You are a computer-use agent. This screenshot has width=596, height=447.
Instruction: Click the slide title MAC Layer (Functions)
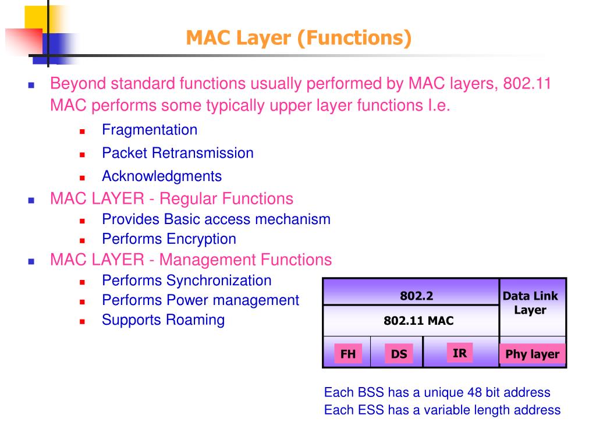[x=298, y=38]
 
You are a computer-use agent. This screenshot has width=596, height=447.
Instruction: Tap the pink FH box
[x=348, y=354]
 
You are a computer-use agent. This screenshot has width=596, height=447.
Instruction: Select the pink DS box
[x=399, y=354]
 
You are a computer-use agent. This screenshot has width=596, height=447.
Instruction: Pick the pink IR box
[x=459, y=353]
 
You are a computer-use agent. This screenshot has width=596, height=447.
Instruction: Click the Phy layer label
[x=532, y=354]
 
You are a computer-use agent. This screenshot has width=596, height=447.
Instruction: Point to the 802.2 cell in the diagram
[x=416, y=296]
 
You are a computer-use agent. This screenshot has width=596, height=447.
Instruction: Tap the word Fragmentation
[x=150, y=130]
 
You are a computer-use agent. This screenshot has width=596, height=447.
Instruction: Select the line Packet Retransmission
[x=178, y=153]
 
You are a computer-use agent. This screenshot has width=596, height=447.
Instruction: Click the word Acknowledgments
[x=162, y=176]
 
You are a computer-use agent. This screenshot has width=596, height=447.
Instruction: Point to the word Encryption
[x=201, y=239]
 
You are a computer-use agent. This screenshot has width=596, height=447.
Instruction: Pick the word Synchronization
[x=219, y=280]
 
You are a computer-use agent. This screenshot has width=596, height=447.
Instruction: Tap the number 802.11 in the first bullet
[x=527, y=84]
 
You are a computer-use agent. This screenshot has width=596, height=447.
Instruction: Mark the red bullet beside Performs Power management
[x=83, y=301]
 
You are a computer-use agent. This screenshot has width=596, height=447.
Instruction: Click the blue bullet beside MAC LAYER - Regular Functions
[x=31, y=200]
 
